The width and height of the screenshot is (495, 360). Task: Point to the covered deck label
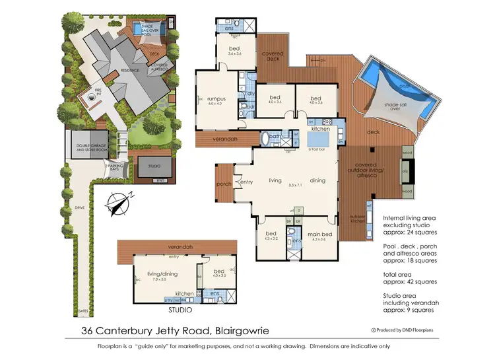pyautogui.click(x=274, y=57)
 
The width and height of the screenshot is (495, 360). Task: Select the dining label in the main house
pyautogui.click(x=317, y=180)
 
